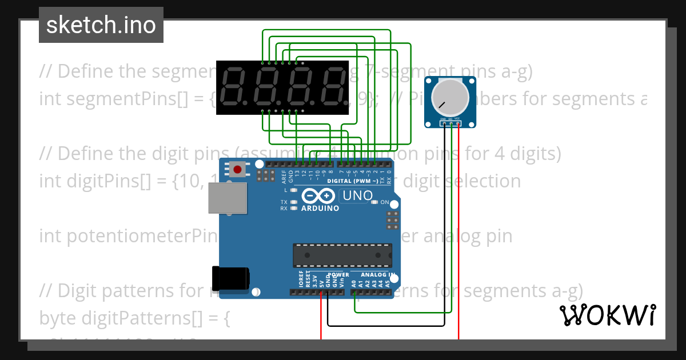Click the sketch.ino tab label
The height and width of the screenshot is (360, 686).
pyautogui.click(x=101, y=25)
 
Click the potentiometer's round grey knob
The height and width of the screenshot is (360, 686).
pyautogui.click(x=450, y=97)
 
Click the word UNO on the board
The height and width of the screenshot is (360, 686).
pyautogui.click(x=357, y=196)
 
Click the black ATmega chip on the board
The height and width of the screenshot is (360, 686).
pyautogui.click(x=343, y=255)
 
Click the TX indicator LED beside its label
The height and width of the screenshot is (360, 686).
pyautogui.click(x=294, y=202)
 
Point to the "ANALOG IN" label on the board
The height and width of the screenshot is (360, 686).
pyautogui.click(x=374, y=275)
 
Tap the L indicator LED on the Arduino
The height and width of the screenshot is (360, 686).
pyautogui.click(x=294, y=190)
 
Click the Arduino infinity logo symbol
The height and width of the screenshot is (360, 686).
pyautogui.click(x=318, y=196)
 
